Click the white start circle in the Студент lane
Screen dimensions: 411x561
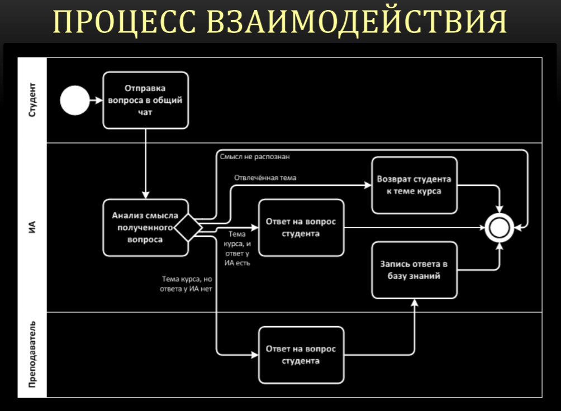pyautogui.click(x=74, y=101)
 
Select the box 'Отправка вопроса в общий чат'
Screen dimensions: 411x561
pyautogui.click(x=145, y=100)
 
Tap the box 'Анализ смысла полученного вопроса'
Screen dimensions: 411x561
pyautogui.click(x=144, y=228)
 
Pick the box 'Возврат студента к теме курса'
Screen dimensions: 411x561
pyautogui.click(x=414, y=185)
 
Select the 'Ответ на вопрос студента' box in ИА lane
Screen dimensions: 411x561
pyautogui.click(x=301, y=228)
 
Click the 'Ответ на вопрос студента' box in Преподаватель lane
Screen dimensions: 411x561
pyautogui.click(x=301, y=355)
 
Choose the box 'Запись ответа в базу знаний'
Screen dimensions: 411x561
pyautogui.click(x=414, y=270)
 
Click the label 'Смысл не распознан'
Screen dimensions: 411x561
pyautogui.click(x=255, y=157)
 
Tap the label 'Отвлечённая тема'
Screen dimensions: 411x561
pyautogui.click(x=265, y=178)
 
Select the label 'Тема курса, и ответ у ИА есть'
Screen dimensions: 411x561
pyautogui.click(x=237, y=248)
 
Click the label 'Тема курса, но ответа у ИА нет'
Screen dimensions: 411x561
pyautogui.click(x=187, y=284)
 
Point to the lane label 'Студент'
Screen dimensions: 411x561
pyautogui.click(x=32, y=101)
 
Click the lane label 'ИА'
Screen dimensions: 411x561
pyautogui.click(x=32, y=227)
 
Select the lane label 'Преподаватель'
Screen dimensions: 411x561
pyautogui.click(x=32, y=355)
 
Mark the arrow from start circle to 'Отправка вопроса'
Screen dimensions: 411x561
pyautogui.click(x=96, y=101)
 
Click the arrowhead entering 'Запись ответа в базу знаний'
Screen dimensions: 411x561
pyautogui.click(x=414, y=302)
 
